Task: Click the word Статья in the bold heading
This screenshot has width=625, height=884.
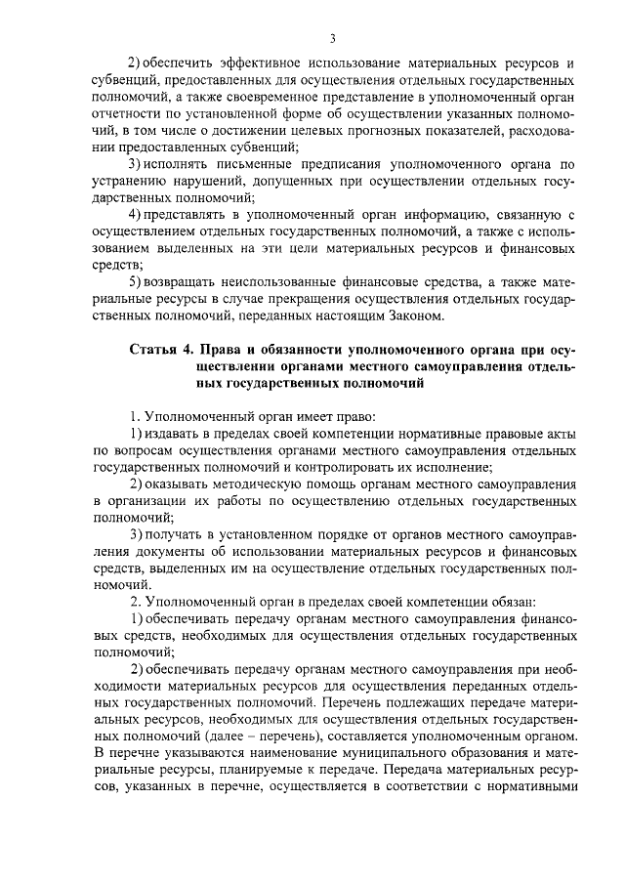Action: tap(154, 350)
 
